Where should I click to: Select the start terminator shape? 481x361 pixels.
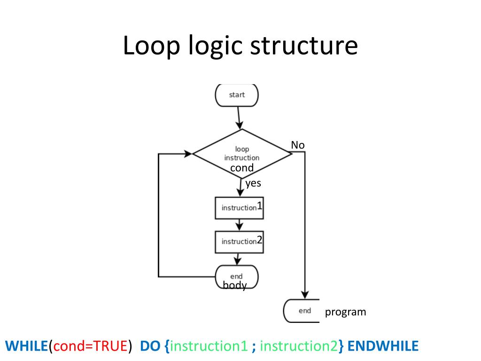pyautogui.click(x=237, y=95)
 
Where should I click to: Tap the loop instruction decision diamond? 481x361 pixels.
pyautogui.click(x=242, y=153)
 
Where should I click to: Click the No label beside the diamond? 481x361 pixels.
pyautogui.click(x=298, y=145)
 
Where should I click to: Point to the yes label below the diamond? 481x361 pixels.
pyautogui.click(x=253, y=183)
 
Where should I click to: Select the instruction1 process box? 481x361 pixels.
pyautogui.click(x=240, y=207)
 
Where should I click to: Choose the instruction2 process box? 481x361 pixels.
pyautogui.click(x=240, y=241)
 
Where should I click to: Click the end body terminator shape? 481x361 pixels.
pyautogui.click(x=236, y=277)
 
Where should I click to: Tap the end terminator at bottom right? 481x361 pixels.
pyautogui.click(x=303, y=311)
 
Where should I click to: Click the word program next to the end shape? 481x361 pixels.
pyautogui.click(x=345, y=312)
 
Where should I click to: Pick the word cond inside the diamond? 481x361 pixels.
pyautogui.click(x=242, y=168)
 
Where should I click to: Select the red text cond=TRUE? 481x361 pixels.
pyautogui.click(x=91, y=346)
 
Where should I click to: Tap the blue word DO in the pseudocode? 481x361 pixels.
pyautogui.click(x=150, y=346)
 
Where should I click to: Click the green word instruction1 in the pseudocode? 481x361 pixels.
pyautogui.click(x=209, y=346)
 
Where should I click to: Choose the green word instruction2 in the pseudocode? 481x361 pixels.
pyautogui.click(x=299, y=346)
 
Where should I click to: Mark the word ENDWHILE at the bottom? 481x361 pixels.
pyautogui.click(x=383, y=346)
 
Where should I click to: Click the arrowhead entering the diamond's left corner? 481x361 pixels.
pyautogui.click(x=187, y=153)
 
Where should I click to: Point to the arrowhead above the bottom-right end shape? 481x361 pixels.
pyautogui.click(x=305, y=294)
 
